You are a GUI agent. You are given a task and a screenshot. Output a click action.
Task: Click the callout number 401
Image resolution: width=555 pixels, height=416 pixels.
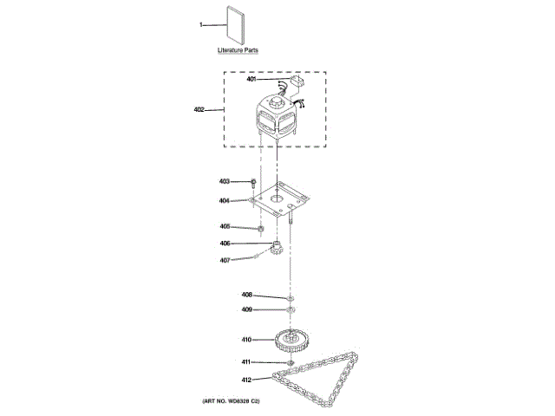tap(251, 80)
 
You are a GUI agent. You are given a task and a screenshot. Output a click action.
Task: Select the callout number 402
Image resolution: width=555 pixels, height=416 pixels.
tap(199, 110)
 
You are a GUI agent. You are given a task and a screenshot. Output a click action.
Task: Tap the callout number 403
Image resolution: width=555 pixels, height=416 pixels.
tap(224, 182)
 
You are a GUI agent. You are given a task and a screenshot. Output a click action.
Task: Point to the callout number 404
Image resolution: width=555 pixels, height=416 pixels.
tap(224, 200)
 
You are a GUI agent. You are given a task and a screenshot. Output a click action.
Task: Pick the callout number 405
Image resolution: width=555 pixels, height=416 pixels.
tap(224, 227)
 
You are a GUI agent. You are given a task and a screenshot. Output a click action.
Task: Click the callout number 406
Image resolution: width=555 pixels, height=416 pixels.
tap(224, 244)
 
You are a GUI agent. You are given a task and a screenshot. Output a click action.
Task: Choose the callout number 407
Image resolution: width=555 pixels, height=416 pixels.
tap(224, 260)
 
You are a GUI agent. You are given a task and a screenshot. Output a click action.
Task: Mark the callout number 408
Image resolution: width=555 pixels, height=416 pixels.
tap(246, 295)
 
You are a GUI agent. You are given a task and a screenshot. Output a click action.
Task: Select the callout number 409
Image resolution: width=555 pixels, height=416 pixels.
tap(246, 309)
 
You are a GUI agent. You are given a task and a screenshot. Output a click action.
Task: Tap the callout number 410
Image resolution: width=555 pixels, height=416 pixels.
tap(246, 340)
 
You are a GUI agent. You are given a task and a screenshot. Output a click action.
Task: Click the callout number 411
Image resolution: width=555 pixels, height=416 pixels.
tap(246, 361)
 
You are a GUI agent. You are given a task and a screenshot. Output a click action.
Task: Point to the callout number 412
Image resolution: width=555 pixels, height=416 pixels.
tap(246, 379)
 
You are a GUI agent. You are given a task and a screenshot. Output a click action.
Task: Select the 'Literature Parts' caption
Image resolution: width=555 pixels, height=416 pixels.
tap(237, 51)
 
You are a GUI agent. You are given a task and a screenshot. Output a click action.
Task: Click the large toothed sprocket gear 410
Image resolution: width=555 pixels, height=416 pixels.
tap(292, 339)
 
